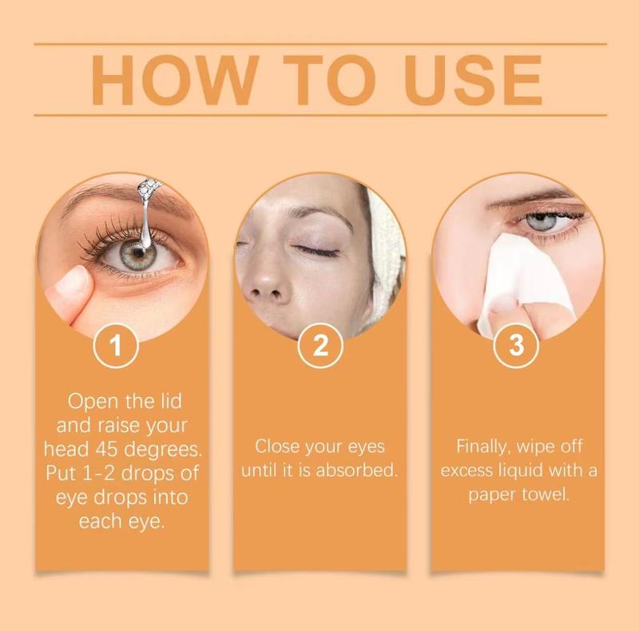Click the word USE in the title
click(465, 80)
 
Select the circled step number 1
click(117, 346)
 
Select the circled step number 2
click(319, 346)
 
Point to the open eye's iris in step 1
click(137, 253)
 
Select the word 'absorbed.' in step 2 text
click(359, 470)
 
